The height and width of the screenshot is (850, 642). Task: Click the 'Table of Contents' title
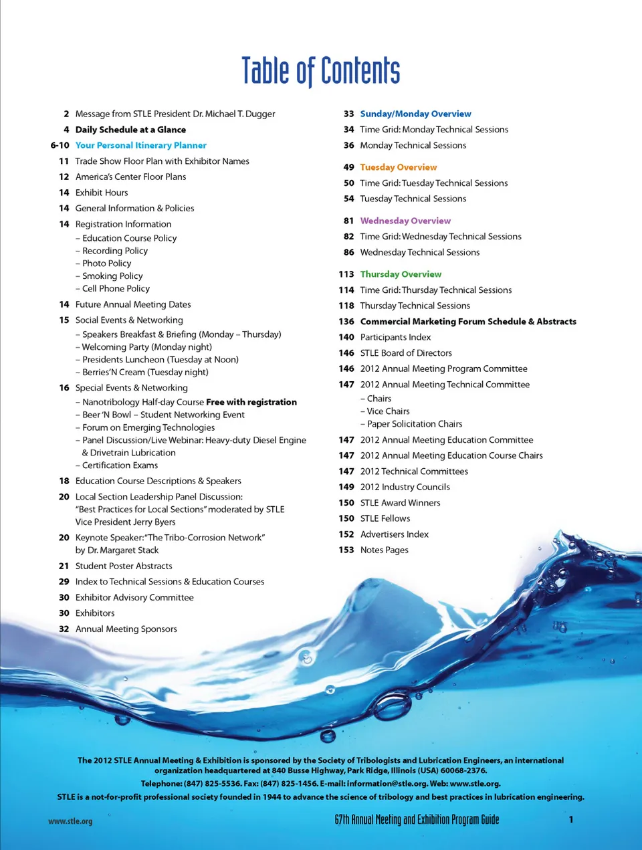[x=320, y=71]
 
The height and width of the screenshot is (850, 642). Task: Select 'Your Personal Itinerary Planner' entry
[x=140, y=145]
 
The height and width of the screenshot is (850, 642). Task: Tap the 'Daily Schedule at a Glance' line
[x=130, y=130]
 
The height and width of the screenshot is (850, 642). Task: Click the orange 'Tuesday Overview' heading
[x=398, y=167]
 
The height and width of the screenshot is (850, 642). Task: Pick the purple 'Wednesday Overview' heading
[x=405, y=221]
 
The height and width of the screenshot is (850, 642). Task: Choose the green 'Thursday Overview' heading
[x=401, y=274]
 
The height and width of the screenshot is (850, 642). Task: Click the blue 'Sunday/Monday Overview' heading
[x=415, y=114]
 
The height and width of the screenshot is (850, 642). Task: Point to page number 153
[x=346, y=550]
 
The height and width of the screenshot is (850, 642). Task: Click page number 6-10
[x=60, y=145]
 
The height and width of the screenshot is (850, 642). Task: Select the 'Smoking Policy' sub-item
[x=112, y=276]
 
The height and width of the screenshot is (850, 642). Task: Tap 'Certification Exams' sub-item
[x=120, y=465]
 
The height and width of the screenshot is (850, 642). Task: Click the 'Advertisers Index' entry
[x=394, y=534]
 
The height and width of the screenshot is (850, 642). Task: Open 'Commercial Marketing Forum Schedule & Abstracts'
[x=468, y=322]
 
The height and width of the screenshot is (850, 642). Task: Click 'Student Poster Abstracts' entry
[x=124, y=566]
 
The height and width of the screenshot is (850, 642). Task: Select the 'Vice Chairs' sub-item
[x=388, y=411]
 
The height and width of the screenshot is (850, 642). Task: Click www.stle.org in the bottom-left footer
[x=70, y=821]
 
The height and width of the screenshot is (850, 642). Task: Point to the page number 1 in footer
[x=571, y=819]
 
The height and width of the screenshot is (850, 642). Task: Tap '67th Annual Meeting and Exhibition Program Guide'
[x=417, y=820]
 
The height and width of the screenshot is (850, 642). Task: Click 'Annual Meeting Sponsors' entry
[x=126, y=629]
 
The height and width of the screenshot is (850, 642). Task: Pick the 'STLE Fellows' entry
[x=385, y=518]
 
